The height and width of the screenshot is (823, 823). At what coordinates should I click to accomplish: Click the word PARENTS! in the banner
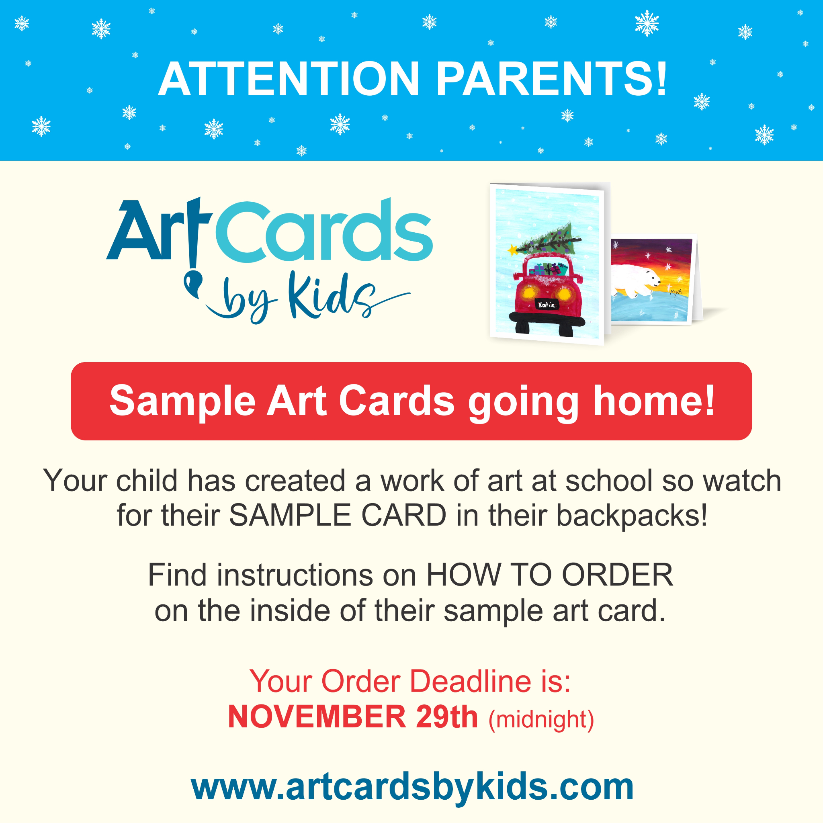[x=552, y=79]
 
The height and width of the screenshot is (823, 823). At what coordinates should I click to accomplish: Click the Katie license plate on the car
[x=547, y=304]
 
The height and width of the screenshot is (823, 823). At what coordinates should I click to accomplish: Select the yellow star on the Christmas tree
[x=512, y=250]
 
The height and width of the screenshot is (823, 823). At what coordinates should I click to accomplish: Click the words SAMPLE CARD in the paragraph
[x=338, y=516]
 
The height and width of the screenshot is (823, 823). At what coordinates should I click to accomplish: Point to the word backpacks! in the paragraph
[x=632, y=516]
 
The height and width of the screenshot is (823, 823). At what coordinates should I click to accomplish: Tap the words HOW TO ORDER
[x=549, y=575]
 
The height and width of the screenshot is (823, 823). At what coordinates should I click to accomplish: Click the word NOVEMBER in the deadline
[x=317, y=717]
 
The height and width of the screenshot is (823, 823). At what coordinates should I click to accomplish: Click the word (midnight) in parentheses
[x=541, y=719]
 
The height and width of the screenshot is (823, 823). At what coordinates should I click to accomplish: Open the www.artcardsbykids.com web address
[x=411, y=787]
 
